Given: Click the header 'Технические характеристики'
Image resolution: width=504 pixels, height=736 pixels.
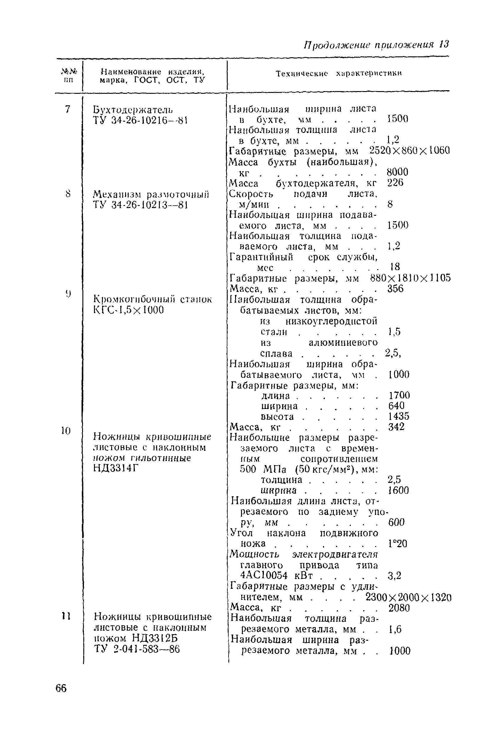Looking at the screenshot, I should pyautogui.click(x=339, y=74).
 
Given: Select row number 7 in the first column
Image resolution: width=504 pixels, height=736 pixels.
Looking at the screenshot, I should pyautogui.click(x=67, y=109).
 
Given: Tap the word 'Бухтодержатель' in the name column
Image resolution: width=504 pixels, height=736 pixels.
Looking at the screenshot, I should pyautogui.click(x=133, y=110).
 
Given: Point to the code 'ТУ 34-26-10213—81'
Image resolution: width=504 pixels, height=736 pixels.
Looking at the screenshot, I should pyautogui.click(x=141, y=205).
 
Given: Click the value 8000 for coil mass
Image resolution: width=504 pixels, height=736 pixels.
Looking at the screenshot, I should pyautogui.click(x=397, y=172).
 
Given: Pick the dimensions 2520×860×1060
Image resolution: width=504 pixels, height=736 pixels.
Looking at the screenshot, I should pyautogui.click(x=409, y=150).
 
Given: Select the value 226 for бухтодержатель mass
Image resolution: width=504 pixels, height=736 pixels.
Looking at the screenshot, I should pyautogui.click(x=395, y=183).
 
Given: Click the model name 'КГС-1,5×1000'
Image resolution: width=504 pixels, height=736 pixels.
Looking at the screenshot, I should pyautogui.click(x=128, y=310).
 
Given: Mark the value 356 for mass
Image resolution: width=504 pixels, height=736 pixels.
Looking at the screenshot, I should pyautogui.click(x=395, y=288).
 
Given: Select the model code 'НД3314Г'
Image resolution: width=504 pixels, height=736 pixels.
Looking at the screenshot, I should pyautogui.click(x=116, y=468).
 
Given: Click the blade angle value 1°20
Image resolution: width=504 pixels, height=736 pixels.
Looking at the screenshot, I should pyautogui.click(x=397, y=543).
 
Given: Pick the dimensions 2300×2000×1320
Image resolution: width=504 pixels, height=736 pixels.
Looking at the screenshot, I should pyautogui.click(x=408, y=597).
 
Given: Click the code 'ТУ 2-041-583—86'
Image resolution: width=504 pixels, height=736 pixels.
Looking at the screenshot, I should pyautogui.click(x=137, y=650).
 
